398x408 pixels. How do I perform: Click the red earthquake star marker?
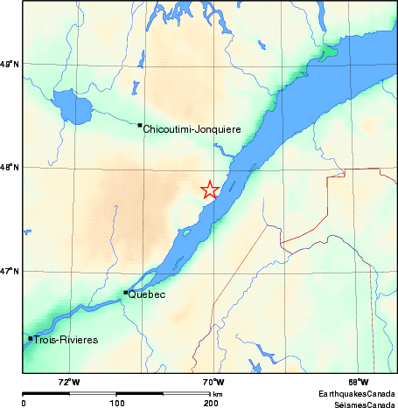coord(210,190)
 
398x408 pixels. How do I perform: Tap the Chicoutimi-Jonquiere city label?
coord(192,128)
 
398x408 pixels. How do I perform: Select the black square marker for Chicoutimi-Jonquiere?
coord(140,125)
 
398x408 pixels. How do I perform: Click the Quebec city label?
coord(147,295)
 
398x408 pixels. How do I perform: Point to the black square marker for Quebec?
coord(126,292)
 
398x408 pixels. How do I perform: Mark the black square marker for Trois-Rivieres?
coord(31,338)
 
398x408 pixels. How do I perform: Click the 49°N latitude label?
coord(10,64)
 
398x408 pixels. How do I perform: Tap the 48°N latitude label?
coord(10,167)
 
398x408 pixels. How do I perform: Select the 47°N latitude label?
coord(10,272)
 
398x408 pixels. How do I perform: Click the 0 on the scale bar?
coord(24,404)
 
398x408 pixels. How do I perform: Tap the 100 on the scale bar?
coord(116,404)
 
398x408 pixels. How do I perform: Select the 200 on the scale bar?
coord(210,404)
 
